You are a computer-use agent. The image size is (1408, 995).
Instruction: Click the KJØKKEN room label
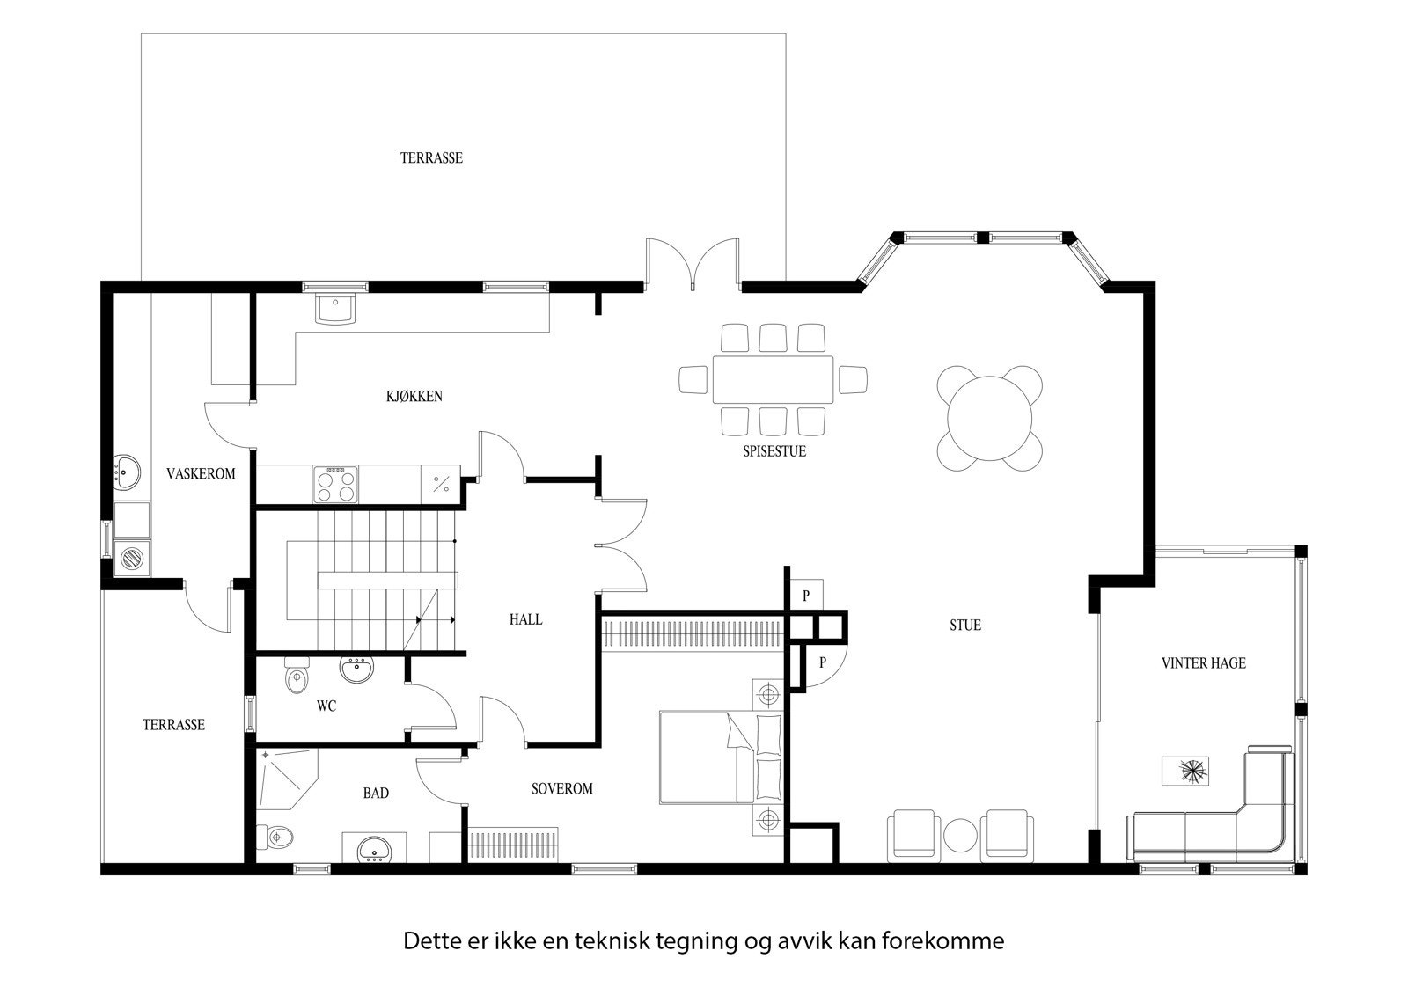click(414, 397)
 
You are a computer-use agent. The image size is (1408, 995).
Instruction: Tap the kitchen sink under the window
click(334, 310)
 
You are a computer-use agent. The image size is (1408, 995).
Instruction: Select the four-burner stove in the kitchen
click(336, 484)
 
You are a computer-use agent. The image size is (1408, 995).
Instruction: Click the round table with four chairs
click(990, 418)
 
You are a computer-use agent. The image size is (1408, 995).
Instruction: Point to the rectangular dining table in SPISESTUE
click(773, 379)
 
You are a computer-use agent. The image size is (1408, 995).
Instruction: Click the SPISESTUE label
click(774, 451)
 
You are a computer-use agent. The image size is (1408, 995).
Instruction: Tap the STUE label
click(964, 626)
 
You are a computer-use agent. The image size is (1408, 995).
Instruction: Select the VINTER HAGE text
click(1203, 663)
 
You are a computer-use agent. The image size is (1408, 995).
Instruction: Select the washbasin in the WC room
click(357, 669)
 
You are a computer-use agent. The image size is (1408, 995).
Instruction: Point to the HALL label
click(525, 619)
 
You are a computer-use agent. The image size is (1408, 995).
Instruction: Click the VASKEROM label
click(201, 474)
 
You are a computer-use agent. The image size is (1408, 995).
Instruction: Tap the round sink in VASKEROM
click(128, 472)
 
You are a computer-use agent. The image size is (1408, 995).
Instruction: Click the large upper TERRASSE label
click(431, 158)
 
